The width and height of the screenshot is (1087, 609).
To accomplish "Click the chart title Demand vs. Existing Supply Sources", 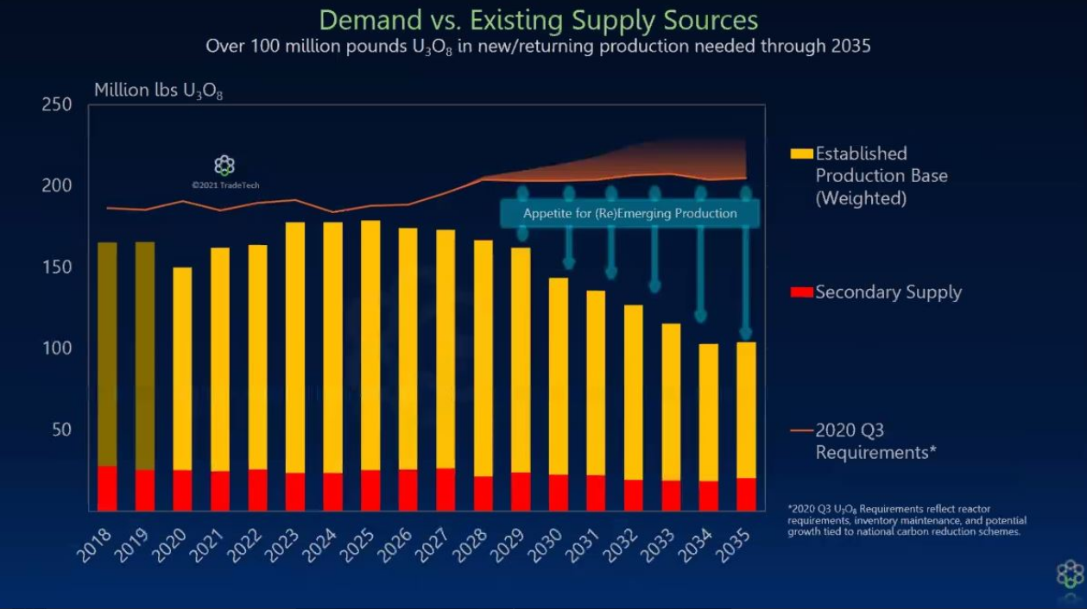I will (539, 19).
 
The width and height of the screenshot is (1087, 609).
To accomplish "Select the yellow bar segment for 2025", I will (370, 345).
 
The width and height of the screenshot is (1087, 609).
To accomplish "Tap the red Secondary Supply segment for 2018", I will (107, 488).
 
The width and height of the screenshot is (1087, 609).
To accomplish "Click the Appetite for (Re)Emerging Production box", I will (630, 213).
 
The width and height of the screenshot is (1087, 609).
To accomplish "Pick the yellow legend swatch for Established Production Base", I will (802, 154).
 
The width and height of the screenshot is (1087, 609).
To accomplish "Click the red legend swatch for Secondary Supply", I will (802, 292).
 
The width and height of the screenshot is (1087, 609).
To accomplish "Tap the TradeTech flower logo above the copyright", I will (224, 166).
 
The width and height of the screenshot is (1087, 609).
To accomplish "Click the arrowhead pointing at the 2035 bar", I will (746, 333).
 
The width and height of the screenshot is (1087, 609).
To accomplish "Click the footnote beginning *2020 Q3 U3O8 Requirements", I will (907, 520).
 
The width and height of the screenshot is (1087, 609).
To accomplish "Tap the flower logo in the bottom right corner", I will (1069, 574).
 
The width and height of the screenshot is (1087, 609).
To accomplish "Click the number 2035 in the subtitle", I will (851, 47).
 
